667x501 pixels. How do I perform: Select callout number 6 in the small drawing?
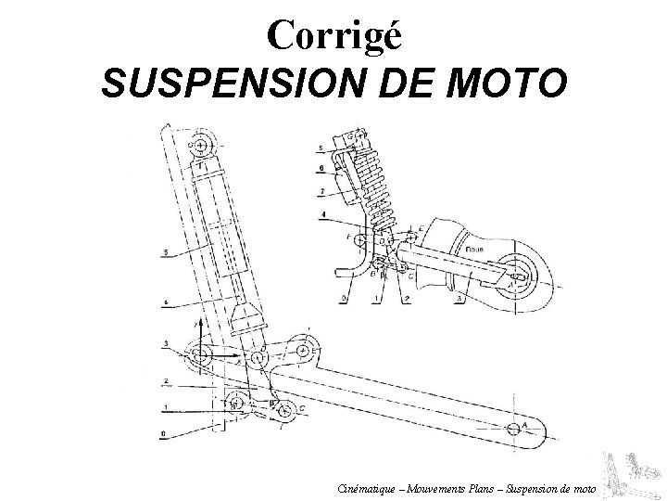tap(320, 168)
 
